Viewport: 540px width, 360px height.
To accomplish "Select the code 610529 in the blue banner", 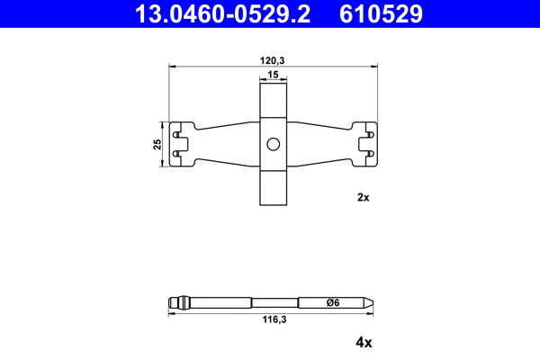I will (381, 14).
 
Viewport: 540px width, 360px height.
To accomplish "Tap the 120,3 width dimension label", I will (273, 58).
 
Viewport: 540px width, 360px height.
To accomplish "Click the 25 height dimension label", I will (157, 144).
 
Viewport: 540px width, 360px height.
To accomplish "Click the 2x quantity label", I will (364, 197).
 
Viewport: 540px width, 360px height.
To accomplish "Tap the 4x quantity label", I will (364, 342).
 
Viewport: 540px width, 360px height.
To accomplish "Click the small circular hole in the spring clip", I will (273, 144).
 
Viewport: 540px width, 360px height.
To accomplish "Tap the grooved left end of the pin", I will (178, 302).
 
